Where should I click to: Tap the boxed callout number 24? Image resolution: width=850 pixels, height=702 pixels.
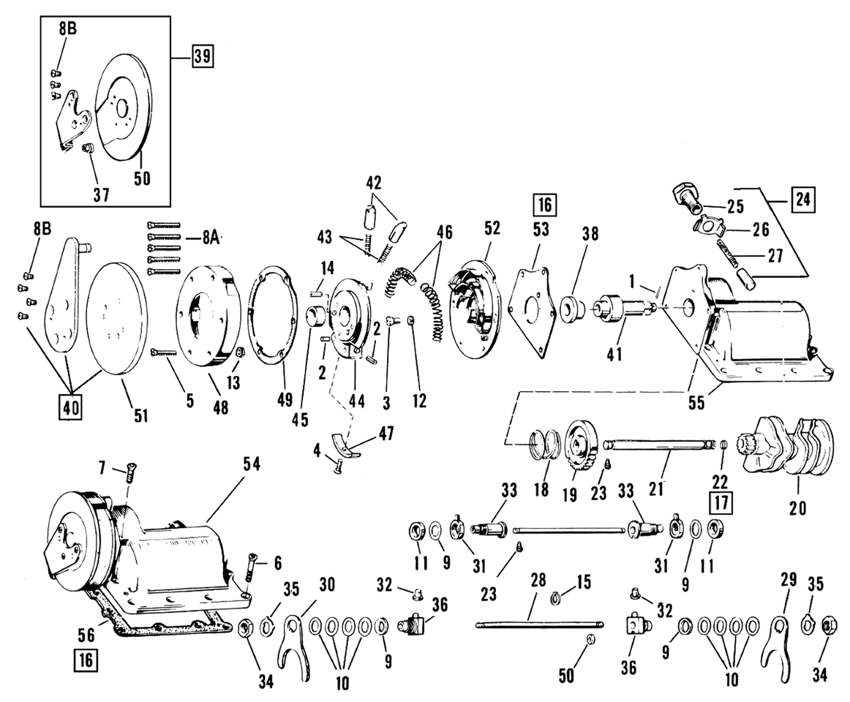(x=803, y=200)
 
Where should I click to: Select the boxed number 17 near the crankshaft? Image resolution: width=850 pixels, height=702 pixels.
(x=723, y=503)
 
